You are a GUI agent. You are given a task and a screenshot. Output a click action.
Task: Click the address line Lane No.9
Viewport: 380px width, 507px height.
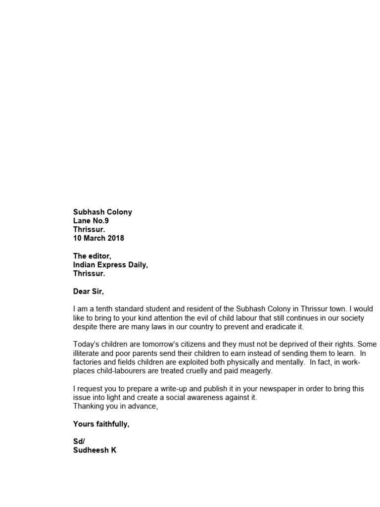coord(91,221)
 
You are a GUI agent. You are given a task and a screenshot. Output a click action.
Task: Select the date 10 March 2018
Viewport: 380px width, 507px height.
coord(98,238)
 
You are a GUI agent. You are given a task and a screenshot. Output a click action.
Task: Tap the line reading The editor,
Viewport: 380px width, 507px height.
coord(93,256)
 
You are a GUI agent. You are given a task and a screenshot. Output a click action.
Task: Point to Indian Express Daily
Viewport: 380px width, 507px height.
coord(110,265)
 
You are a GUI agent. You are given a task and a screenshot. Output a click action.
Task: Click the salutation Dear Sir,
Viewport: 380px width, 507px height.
coord(89,291)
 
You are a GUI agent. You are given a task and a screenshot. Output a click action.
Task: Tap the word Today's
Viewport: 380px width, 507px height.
coord(87,344)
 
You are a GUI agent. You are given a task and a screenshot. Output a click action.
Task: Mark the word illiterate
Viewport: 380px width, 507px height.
coord(87,353)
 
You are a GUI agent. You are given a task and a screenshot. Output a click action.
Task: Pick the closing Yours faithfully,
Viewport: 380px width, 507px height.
coord(101,424)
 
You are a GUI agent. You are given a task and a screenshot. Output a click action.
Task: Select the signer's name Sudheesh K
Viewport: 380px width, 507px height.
coord(95,451)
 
